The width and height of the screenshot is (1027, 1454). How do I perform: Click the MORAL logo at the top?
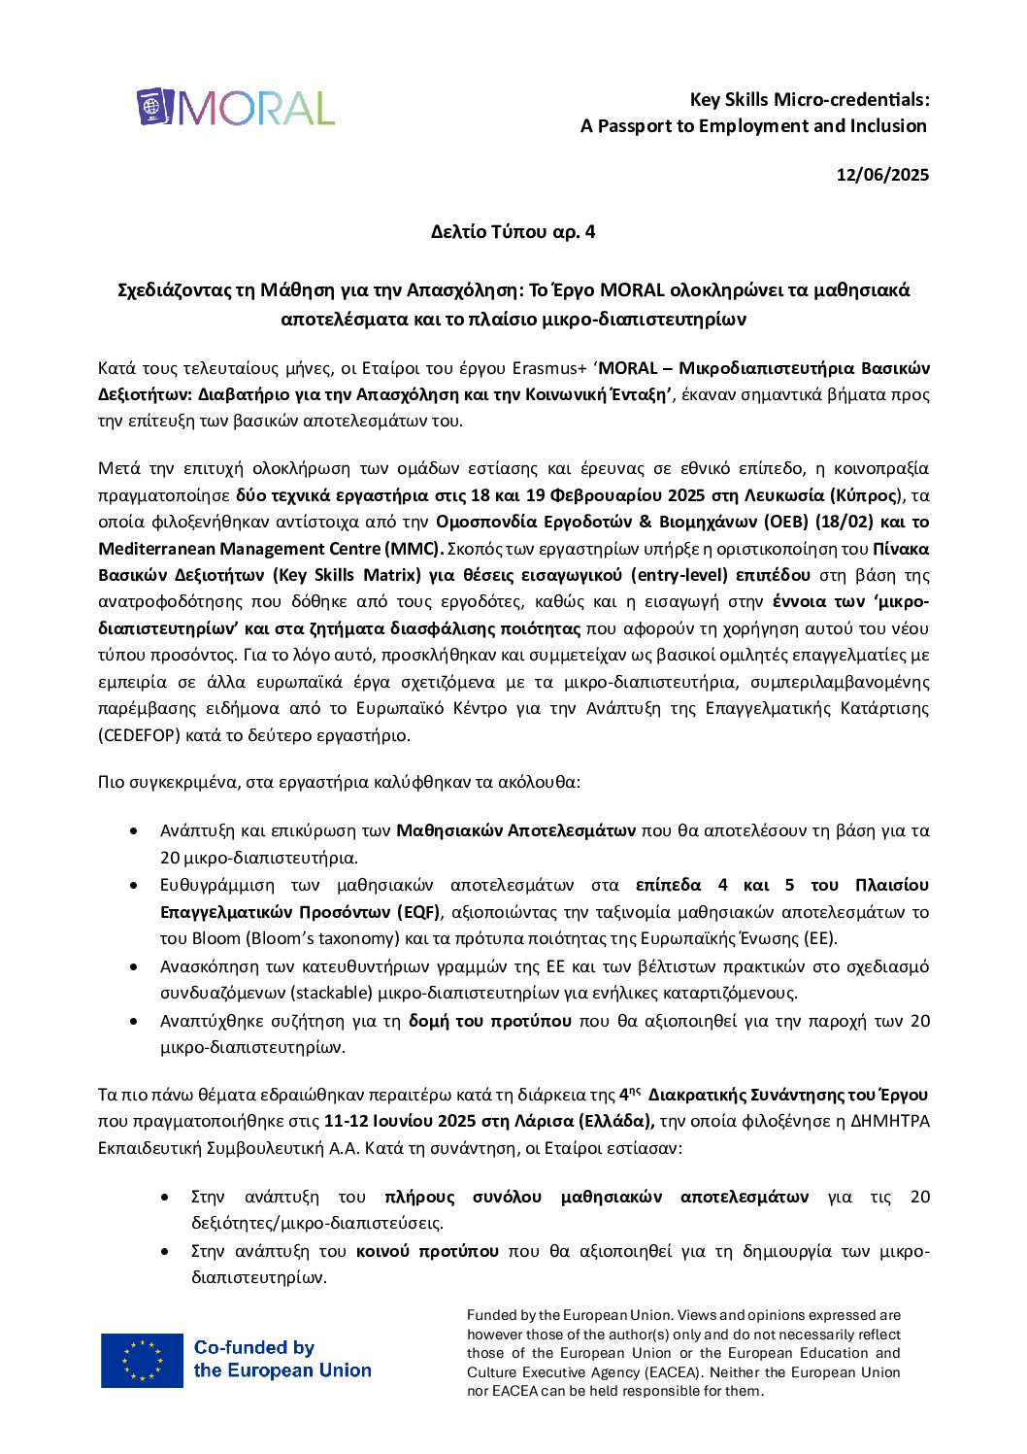(x=236, y=108)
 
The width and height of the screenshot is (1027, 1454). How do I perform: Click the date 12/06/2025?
(x=882, y=175)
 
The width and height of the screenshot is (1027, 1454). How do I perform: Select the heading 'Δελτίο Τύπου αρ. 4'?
(x=513, y=231)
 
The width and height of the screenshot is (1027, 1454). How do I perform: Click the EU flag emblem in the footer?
(x=142, y=1360)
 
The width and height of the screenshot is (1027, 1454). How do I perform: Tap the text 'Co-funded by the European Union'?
(x=282, y=1359)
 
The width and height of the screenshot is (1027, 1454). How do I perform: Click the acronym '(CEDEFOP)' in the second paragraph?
(x=140, y=735)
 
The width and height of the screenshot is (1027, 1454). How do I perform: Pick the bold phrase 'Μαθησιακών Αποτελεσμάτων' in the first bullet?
(x=515, y=830)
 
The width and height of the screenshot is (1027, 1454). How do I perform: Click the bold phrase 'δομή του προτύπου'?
(x=490, y=1021)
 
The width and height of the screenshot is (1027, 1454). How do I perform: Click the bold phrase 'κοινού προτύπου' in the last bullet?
(x=427, y=1251)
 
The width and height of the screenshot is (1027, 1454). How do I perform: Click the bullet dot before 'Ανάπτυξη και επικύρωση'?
(x=134, y=831)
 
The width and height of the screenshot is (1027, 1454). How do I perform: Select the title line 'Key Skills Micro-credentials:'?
(x=810, y=99)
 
